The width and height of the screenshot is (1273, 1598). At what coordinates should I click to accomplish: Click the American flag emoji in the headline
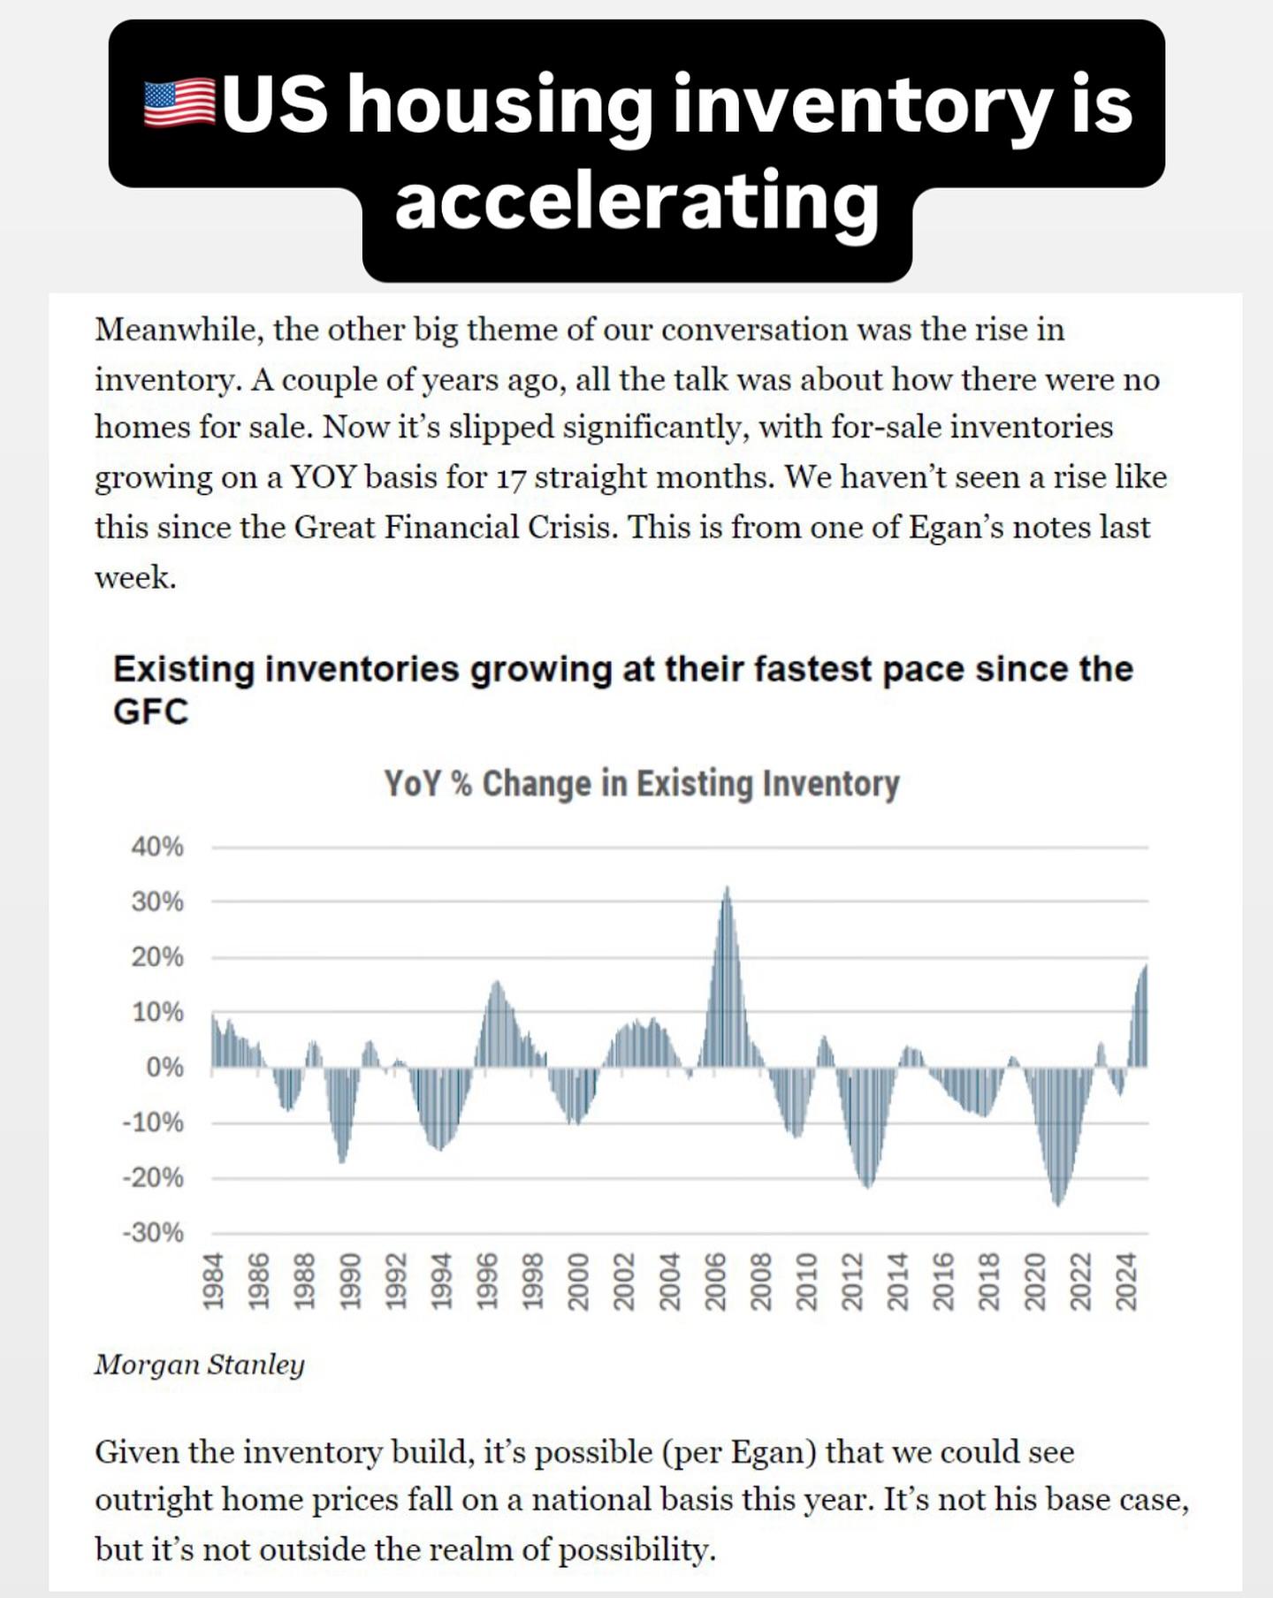pos(179,103)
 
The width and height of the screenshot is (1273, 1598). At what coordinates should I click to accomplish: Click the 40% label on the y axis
pos(157,847)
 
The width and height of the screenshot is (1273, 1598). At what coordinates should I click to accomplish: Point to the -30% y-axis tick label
pos(154,1232)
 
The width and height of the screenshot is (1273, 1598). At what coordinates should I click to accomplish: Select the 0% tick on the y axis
pos(164,1067)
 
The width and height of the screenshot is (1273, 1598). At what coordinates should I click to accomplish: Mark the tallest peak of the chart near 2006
pos(727,889)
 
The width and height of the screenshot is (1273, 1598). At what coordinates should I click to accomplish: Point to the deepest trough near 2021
pos(1058,1203)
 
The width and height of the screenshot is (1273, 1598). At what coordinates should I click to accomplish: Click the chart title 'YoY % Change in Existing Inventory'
pos(641,784)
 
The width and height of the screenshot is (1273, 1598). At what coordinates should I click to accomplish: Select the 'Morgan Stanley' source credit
pos(200,1364)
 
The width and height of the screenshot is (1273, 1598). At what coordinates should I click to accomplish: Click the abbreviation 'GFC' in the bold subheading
pos(151,711)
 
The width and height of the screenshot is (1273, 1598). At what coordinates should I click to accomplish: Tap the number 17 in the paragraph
pos(510,478)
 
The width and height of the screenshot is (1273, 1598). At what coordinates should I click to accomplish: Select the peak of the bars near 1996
pos(496,983)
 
